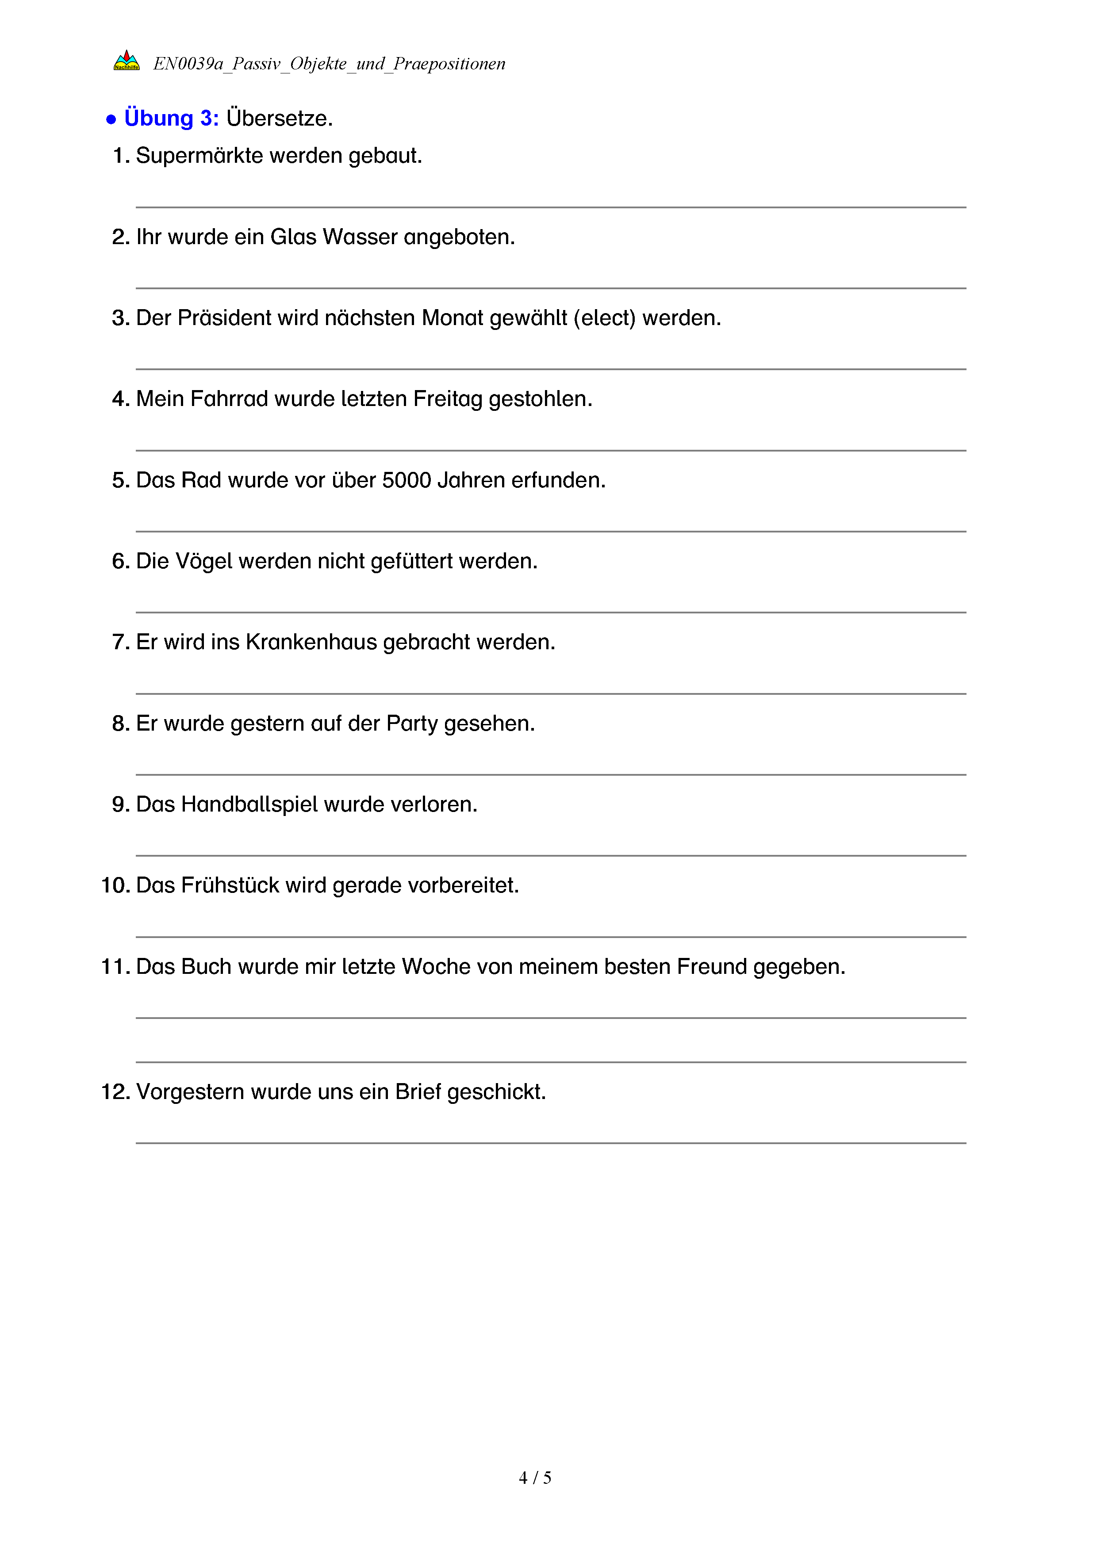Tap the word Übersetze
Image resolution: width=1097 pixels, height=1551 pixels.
[279, 118]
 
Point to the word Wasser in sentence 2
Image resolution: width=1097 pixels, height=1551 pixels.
[360, 237]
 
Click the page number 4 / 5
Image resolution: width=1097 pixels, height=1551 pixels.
[534, 1478]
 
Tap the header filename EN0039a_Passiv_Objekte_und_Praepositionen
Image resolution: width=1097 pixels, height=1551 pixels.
[329, 64]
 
